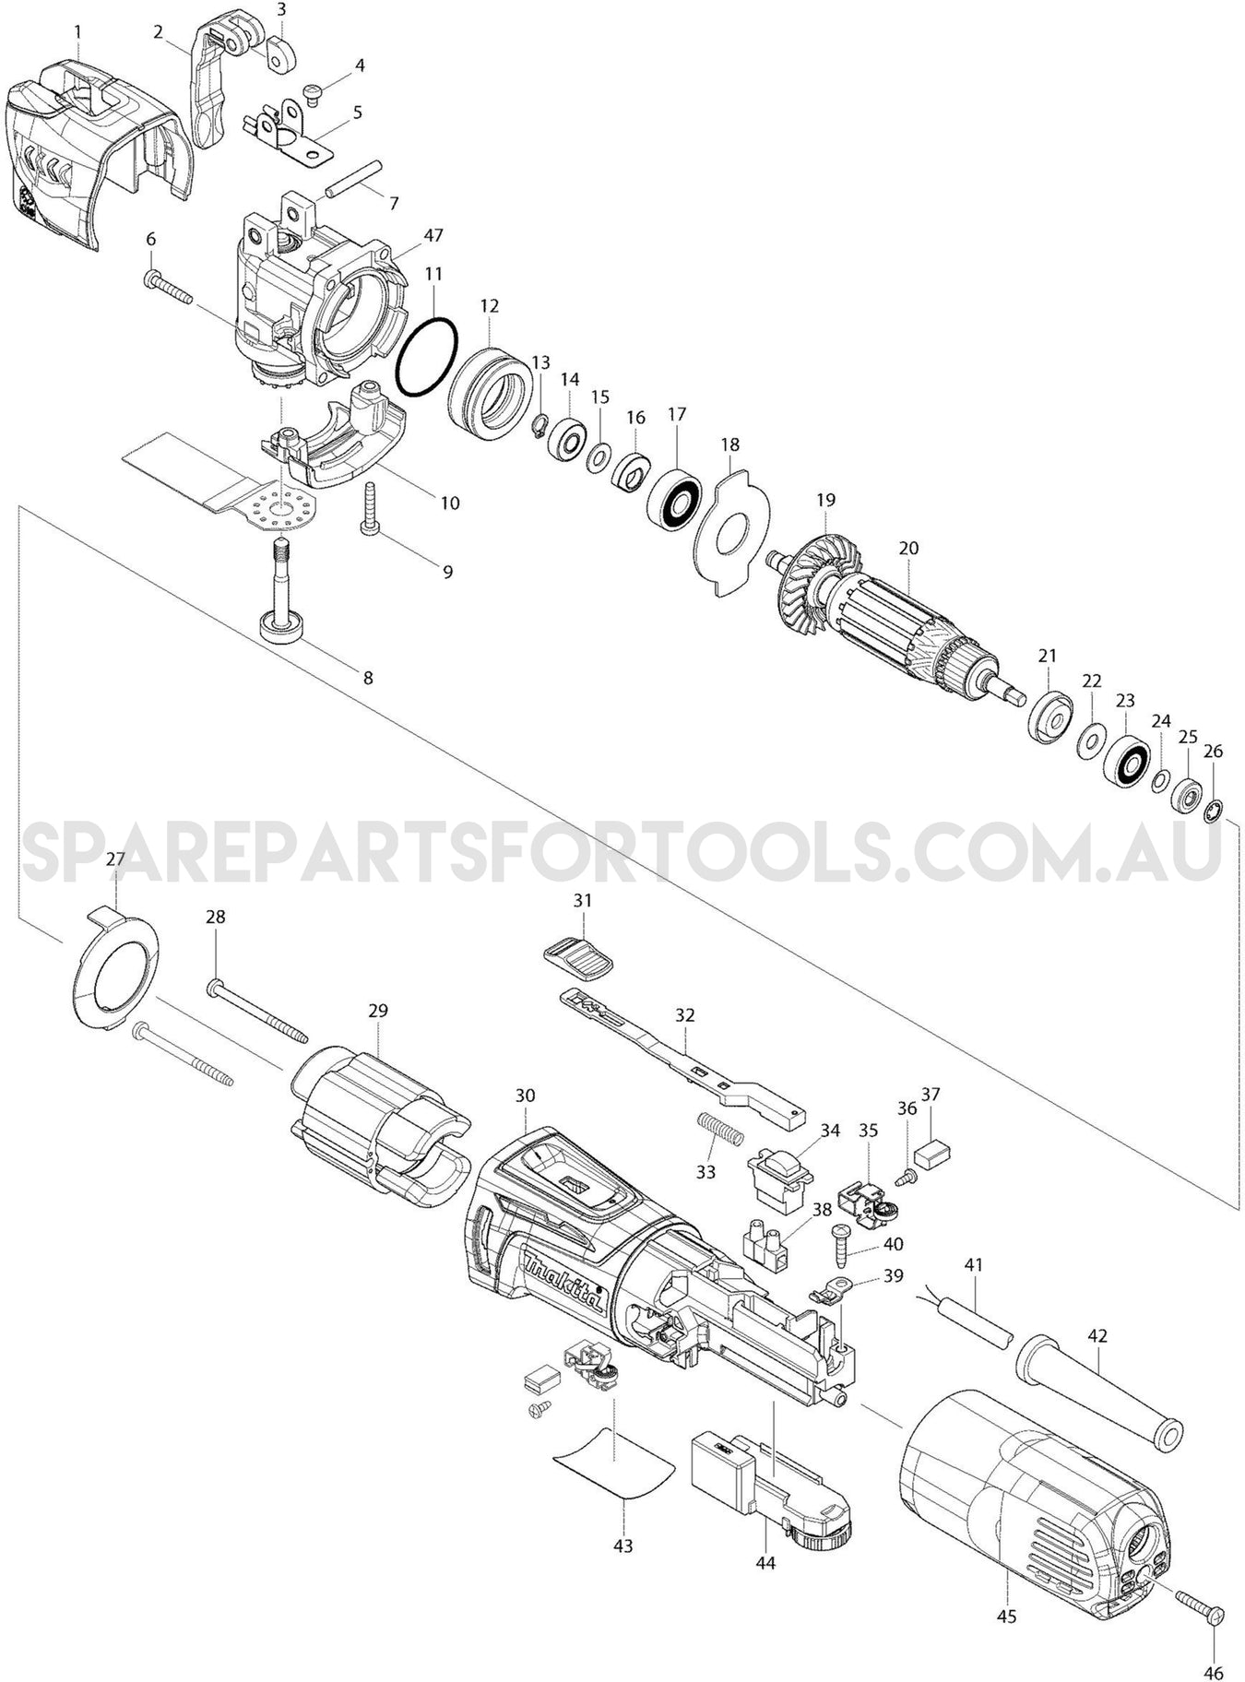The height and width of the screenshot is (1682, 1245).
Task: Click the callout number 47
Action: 433,235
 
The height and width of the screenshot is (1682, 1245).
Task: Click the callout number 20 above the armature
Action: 908,548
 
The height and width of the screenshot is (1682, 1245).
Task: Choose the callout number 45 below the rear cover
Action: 1006,1616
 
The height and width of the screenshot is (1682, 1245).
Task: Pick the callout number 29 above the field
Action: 378,1011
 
